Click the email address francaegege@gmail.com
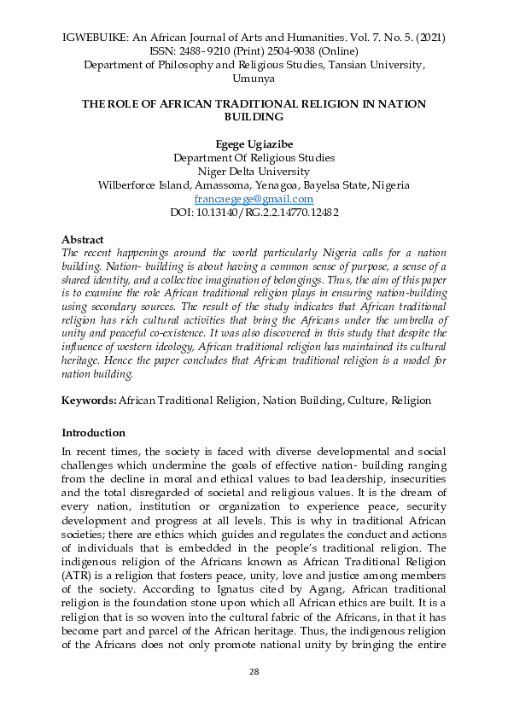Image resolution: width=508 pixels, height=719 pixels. pyautogui.click(x=254, y=198)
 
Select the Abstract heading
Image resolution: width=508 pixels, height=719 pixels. pyautogui.click(x=83, y=240)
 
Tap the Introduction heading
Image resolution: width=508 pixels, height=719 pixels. pyautogui.click(x=94, y=432)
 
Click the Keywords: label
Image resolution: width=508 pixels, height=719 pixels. pyautogui.click(x=89, y=400)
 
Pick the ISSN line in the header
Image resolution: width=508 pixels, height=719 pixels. pyautogui.click(x=254, y=51)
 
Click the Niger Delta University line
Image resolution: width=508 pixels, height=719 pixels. pyautogui.click(x=254, y=171)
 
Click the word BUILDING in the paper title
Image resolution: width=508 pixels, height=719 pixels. pyautogui.click(x=254, y=117)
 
